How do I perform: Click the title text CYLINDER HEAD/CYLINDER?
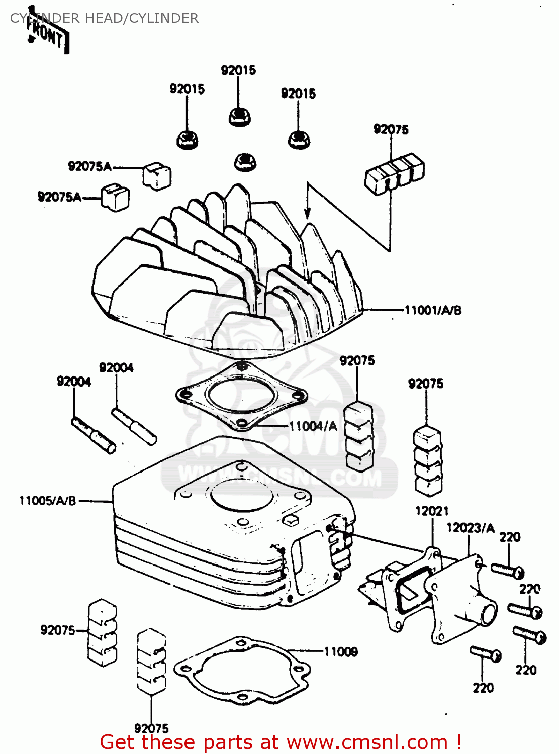pos(104,18)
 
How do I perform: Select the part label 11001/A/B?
pos(433,310)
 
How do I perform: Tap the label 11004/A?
pos(313,426)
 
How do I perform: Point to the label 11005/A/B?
pos(47,501)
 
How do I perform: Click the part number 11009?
pos(341,652)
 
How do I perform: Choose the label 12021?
pos(432,511)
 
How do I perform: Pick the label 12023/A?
pos(471,528)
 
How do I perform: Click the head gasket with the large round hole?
pos(241,396)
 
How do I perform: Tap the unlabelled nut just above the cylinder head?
pos(244,161)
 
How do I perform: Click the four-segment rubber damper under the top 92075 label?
pos(395,172)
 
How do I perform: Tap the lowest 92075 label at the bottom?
pos(151,728)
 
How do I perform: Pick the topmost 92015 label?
pos(238,70)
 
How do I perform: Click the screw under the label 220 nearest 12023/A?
pos(507,570)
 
